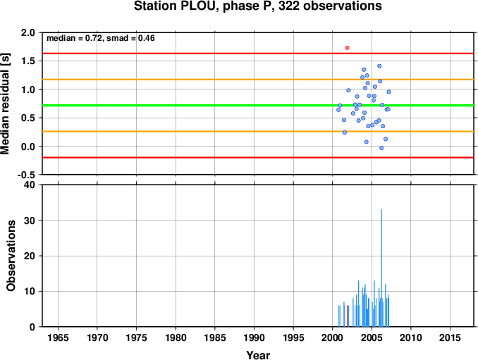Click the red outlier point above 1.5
tap(347, 48)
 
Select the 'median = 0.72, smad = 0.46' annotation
tap(101, 38)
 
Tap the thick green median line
tap(258, 106)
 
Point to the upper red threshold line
tap(258, 54)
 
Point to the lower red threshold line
tap(258, 158)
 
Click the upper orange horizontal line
tap(258, 80)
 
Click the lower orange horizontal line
tap(258, 132)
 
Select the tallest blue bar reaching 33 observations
tap(381, 268)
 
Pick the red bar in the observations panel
tap(347, 316)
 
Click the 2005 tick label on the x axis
tap(372, 337)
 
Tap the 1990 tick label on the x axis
tap(254, 337)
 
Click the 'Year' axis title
tap(258, 355)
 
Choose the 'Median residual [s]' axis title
tap(5, 104)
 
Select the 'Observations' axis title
tap(11, 256)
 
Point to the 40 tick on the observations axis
tap(30, 185)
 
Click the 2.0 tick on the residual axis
tap(27, 32)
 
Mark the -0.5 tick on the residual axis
tap(26, 175)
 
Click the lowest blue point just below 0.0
tap(381, 148)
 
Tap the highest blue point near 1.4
tap(379, 66)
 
